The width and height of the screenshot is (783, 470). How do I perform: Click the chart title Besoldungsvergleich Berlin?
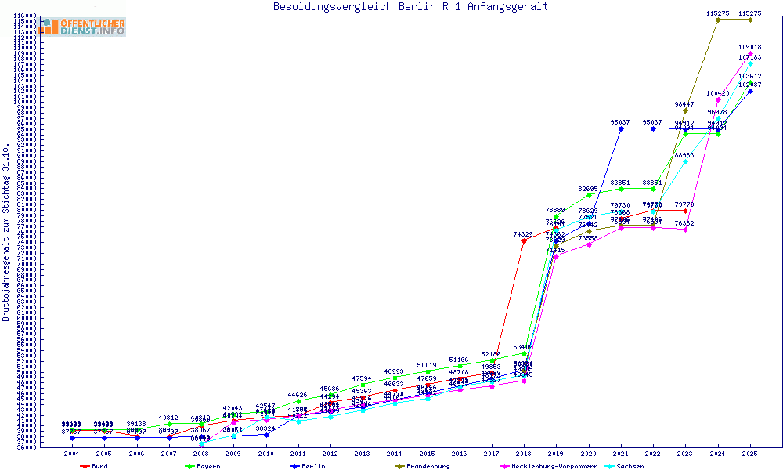coord(410,7)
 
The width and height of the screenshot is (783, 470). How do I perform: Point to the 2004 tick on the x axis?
coord(72,454)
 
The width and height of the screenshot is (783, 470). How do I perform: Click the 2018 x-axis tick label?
coord(524,454)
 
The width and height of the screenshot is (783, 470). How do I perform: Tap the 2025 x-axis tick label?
coord(750,454)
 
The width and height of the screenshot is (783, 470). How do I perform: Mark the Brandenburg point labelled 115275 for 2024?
coord(718,20)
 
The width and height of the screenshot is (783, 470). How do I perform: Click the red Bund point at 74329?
coord(524,240)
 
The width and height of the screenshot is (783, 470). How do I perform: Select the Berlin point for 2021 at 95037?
coord(621,128)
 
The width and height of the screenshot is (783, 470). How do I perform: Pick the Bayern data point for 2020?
coord(589,195)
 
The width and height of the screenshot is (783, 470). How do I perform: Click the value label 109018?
coord(750,47)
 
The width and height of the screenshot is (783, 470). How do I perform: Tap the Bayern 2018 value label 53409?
coord(524,346)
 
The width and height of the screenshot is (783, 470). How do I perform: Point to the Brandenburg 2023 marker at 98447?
coord(686,110)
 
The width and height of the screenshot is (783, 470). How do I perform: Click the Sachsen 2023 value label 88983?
coord(686,155)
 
